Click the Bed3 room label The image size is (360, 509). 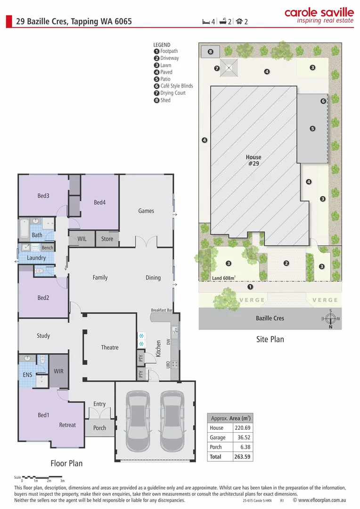click(43, 196)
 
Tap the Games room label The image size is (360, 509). click(146, 211)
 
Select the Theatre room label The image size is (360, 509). click(110, 347)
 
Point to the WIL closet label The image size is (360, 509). click(82, 239)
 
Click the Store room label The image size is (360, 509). click(107, 239)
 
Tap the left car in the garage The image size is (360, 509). click(138, 415)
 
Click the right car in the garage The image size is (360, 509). click(173, 415)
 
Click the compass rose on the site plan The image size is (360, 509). click(331, 319)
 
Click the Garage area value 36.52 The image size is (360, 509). click(241, 437)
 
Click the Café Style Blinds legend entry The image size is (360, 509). click(176, 86)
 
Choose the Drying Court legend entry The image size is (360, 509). click(172, 93)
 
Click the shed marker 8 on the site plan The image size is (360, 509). click(211, 51)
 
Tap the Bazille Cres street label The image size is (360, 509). click(270, 318)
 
